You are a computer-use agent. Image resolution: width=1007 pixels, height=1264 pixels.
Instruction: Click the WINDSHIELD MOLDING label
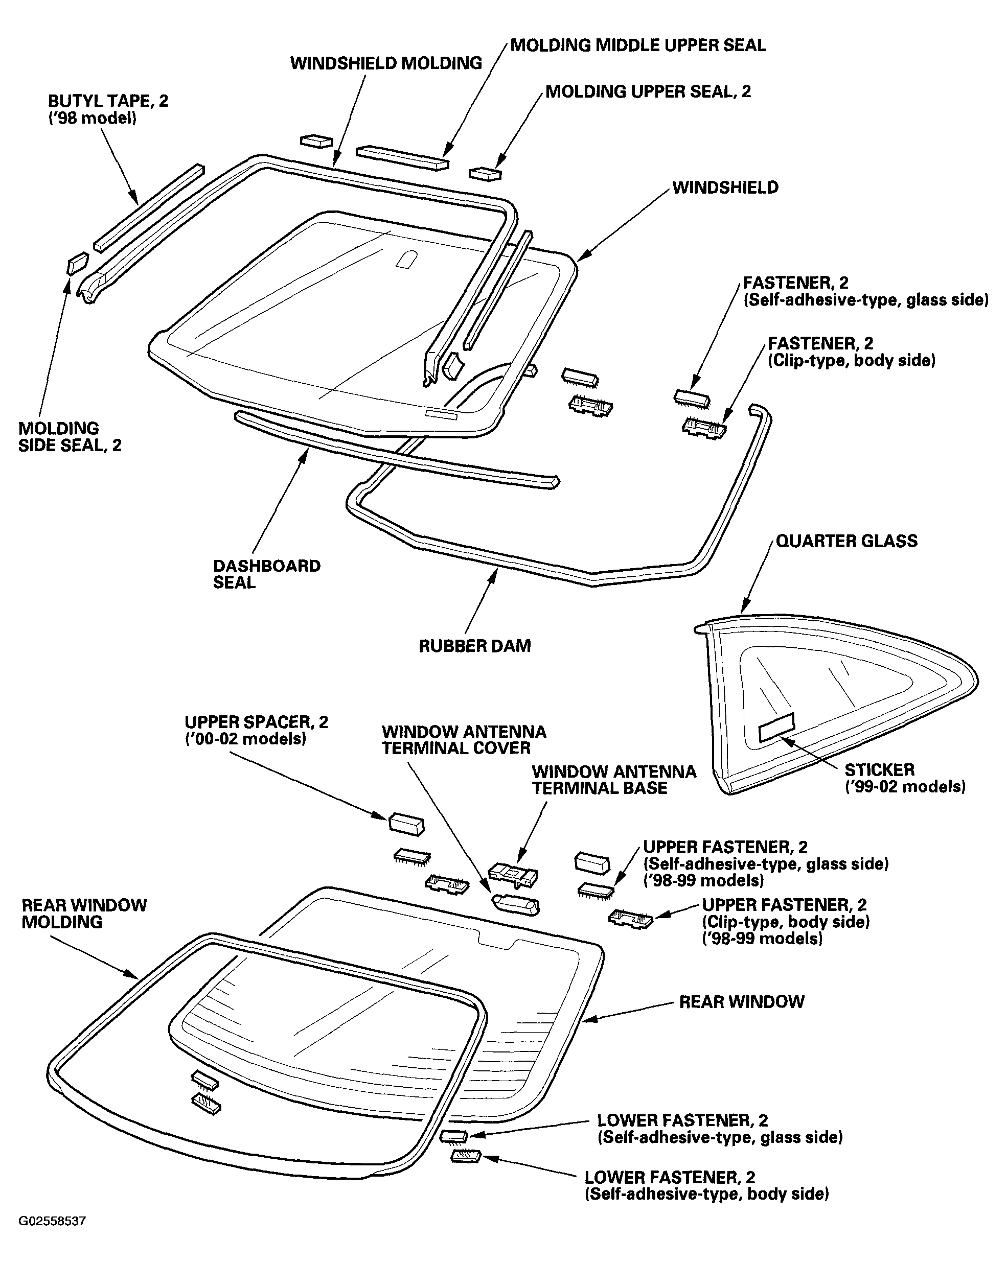point(386,63)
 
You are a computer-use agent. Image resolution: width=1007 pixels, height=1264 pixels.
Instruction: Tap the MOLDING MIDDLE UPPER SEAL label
point(638,45)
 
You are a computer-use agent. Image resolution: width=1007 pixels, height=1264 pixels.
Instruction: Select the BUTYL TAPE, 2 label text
point(108,101)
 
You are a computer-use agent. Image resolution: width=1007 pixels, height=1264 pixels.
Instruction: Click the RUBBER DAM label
point(474,646)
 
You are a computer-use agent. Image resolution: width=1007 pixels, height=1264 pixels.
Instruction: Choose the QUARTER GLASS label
point(846,541)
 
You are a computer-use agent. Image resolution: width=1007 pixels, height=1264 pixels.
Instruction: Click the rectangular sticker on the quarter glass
point(776,728)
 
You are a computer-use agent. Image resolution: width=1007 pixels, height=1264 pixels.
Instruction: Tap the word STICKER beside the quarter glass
point(879,770)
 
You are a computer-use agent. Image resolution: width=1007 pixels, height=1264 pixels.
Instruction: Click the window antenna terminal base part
point(513,874)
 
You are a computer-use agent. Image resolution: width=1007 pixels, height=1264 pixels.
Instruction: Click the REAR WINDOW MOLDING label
point(84,914)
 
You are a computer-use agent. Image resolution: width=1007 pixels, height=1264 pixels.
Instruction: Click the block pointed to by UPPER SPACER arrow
point(406,824)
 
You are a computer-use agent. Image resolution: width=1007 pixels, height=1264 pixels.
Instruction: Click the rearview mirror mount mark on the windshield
point(406,259)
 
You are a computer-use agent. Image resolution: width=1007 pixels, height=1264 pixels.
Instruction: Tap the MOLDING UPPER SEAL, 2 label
point(648,91)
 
